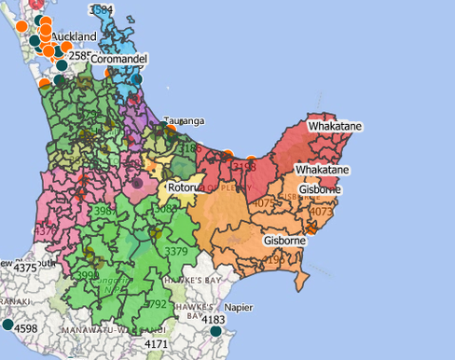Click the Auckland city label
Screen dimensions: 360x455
tap(74, 36)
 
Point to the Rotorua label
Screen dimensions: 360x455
tap(186, 187)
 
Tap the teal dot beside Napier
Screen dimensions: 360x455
tap(216, 331)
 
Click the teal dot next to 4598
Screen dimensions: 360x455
tap(7, 325)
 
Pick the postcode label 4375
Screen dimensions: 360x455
tap(25, 269)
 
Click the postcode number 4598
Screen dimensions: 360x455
tap(25, 327)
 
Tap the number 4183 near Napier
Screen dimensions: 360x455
tap(214, 320)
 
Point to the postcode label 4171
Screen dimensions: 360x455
tap(157, 345)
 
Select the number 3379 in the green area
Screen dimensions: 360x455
tap(175, 251)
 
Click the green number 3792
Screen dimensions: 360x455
tap(156, 303)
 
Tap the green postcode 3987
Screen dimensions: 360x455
tap(104, 213)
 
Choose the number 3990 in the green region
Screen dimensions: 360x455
tap(87, 275)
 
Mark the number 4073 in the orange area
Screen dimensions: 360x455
tap(321, 212)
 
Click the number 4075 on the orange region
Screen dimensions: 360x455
tap(265, 202)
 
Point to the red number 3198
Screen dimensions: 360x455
tap(244, 167)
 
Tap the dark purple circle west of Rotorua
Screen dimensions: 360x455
tap(138, 184)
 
